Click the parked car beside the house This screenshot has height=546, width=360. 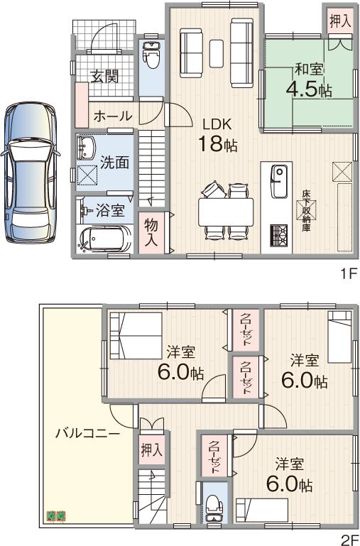tap(31, 170)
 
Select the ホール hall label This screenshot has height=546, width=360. tap(111, 116)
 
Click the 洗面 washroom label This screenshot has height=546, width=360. tap(114, 161)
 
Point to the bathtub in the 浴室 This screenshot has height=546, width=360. tap(104, 239)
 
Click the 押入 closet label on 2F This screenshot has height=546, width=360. tap(151, 449)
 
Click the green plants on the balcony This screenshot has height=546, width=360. tap(55, 515)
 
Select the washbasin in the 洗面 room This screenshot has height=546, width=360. tap(89, 148)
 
